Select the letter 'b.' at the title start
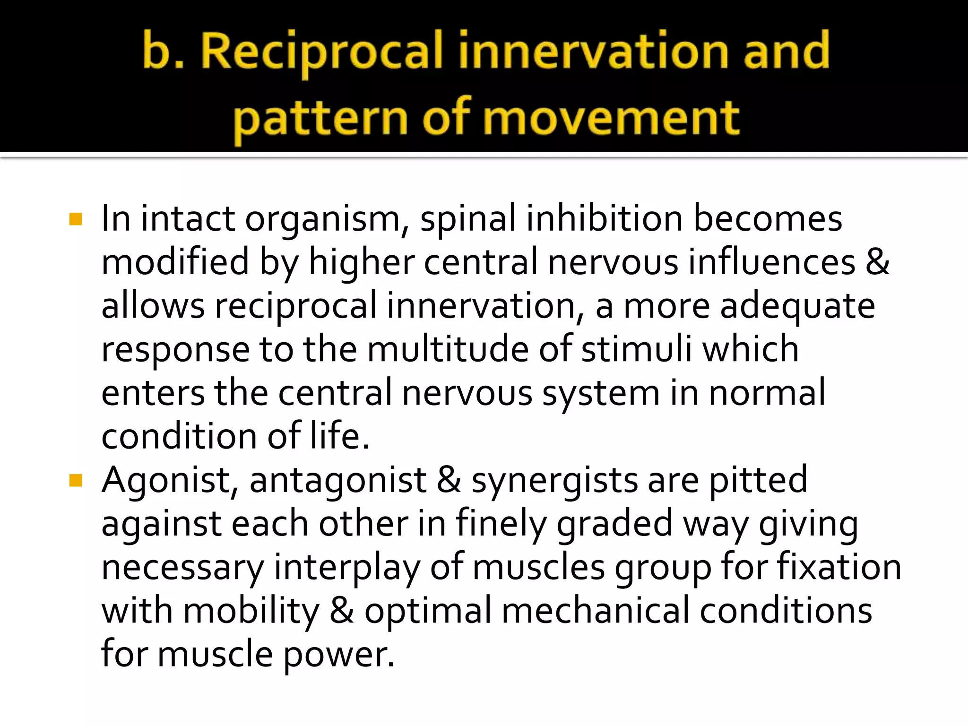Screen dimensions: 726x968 tap(163, 51)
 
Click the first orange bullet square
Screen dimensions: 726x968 tap(76, 219)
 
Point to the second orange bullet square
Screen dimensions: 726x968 tap(76, 481)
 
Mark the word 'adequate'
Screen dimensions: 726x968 tap(797, 306)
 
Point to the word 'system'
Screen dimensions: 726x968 tap(601, 393)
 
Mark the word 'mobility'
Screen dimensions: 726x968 tap(251, 611)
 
